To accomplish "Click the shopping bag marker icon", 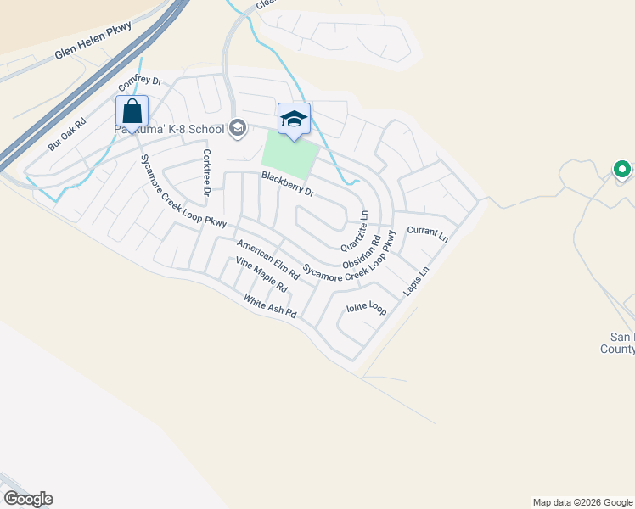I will click(132, 111).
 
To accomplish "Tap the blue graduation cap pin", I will click(294, 119).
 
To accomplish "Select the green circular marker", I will click(621, 169).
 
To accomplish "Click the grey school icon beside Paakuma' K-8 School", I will click(238, 129).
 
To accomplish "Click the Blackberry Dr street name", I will click(288, 184).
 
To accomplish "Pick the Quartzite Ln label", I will click(355, 231).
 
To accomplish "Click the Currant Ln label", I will click(427, 231).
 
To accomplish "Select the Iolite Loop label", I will click(366, 309).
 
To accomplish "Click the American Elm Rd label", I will click(267, 260).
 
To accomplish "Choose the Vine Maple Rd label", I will click(261, 275).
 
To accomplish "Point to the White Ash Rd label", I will click(269, 305).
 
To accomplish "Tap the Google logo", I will click(28, 499).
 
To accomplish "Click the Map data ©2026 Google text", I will click(582, 502).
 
